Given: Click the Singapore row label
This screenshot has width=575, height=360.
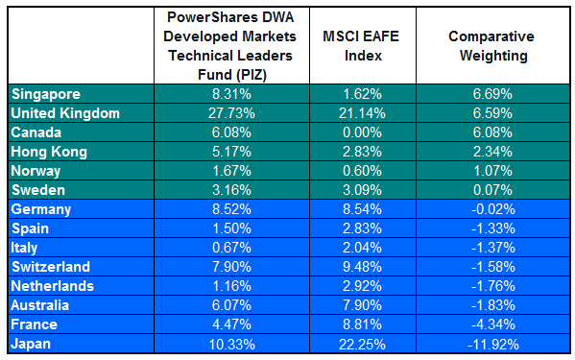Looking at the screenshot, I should click(x=46, y=94).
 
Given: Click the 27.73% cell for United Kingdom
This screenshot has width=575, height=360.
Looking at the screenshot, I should click(x=230, y=113).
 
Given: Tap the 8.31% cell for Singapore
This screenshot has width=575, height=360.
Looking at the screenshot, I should click(x=230, y=94).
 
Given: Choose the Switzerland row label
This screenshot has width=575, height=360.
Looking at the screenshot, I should click(x=51, y=267).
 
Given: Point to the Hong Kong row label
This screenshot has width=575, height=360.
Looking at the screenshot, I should click(x=50, y=152).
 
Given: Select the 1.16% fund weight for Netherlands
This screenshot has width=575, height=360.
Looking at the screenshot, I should click(x=230, y=286).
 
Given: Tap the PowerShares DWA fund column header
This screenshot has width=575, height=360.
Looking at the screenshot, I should click(x=230, y=46).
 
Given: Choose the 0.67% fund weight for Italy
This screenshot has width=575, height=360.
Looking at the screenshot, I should click(x=230, y=248).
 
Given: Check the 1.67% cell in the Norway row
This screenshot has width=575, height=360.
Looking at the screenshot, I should click(x=230, y=171).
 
